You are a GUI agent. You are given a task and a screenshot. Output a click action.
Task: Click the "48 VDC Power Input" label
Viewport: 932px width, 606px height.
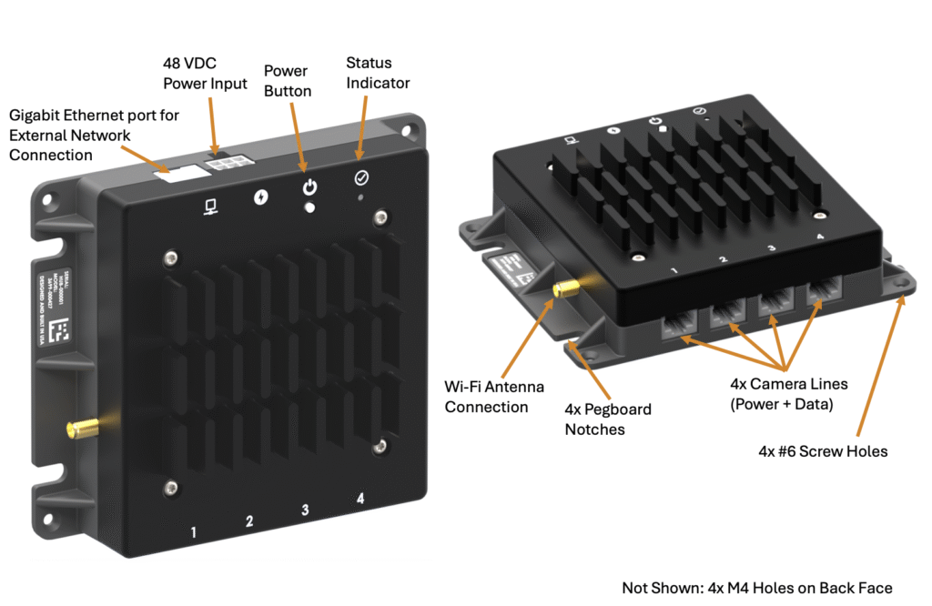click(x=205, y=73)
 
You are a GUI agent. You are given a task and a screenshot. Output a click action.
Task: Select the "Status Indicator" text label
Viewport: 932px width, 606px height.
click(x=378, y=73)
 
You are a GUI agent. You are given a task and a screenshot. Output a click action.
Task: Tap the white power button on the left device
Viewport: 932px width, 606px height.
click(x=309, y=207)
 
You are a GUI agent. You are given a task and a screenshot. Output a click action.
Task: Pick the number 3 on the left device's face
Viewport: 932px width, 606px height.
click(x=306, y=510)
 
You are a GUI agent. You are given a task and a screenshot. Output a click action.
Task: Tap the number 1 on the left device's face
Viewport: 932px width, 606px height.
click(x=193, y=530)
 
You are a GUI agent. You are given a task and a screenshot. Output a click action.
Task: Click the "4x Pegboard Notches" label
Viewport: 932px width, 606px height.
click(x=608, y=419)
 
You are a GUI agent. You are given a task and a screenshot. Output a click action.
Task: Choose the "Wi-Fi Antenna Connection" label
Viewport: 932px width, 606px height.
click(x=493, y=397)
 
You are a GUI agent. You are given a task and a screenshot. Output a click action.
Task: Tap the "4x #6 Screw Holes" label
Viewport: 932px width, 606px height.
click(x=822, y=450)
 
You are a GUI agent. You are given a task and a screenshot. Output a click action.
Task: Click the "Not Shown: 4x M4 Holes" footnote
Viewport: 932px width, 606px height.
click(x=756, y=587)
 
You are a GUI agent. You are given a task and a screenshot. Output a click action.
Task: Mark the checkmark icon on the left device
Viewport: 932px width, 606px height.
click(x=360, y=178)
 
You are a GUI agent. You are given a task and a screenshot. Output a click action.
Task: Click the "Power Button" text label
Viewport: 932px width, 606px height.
click(x=288, y=81)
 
